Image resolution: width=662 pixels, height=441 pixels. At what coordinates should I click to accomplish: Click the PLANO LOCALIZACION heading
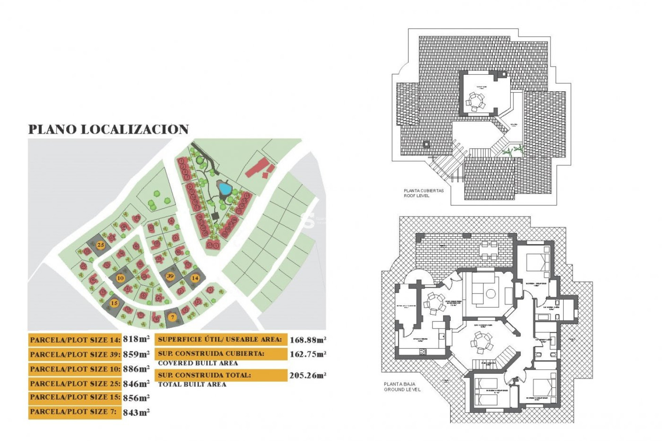pyautogui.click(x=108, y=129)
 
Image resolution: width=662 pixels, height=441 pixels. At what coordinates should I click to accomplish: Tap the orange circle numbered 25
pyautogui.click(x=100, y=245)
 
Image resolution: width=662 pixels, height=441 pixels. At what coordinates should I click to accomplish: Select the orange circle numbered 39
pyautogui.click(x=170, y=276)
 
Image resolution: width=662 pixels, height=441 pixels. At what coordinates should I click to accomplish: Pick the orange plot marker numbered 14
pyautogui.click(x=195, y=278)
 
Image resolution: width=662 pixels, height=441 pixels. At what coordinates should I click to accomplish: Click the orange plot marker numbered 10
pyautogui.click(x=120, y=278)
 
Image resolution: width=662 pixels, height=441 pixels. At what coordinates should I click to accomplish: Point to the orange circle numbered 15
pyautogui.click(x=114, y=303)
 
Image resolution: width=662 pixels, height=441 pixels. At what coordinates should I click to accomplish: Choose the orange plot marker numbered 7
pyautogui.click(x=173, y=317)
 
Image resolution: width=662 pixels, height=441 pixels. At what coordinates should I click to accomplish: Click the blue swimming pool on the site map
pyautogui.click(x=225, y=188)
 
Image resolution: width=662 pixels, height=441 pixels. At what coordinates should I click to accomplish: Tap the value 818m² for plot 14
pyautogui.click(x=136, y=339)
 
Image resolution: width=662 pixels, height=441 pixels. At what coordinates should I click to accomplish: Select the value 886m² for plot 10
pyautogui.click(x=136, y=369)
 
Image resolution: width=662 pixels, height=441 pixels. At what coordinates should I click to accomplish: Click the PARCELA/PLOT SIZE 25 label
pyautogui.click(x=75, y=383)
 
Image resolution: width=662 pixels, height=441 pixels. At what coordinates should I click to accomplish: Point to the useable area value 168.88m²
pyautogui.click(x=308, y=340)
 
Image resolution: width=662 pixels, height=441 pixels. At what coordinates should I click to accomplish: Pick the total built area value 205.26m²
pyautogui.click(x=308, y=375)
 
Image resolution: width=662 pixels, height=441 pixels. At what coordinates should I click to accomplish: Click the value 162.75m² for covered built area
pyautogui.click(x=308, y=354)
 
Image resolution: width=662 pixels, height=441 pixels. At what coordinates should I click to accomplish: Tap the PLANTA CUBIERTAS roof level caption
pyautogui.click(x=424, y=193)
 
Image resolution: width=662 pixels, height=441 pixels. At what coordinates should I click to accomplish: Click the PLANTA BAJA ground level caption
pyautogui.click(x=402, y=387)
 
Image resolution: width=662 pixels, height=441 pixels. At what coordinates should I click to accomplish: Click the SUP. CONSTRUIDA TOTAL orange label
pyautogui.click(x=221, y=375)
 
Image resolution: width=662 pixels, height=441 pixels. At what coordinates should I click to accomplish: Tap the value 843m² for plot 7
pyautogui.click(x=136, y=412)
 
